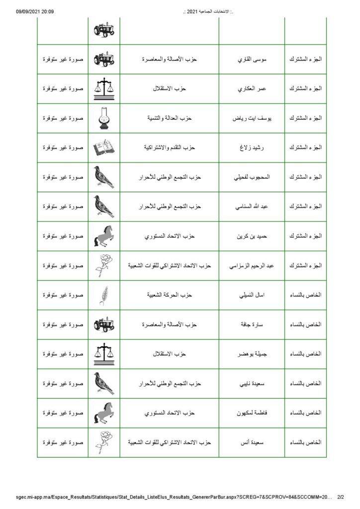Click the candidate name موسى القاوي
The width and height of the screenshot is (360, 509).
click(252, 59)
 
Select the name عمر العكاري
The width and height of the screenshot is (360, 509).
click(252, 88)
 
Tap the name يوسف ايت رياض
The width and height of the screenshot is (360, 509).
click(252, 118)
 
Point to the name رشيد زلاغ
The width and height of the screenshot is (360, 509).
click(252, 148)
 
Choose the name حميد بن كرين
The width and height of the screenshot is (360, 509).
click(252, 236)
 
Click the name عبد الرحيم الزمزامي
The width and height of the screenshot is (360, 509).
click(252, 265)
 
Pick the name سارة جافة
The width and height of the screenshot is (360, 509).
click(252, 325)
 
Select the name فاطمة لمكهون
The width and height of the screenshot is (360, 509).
click(252, 413)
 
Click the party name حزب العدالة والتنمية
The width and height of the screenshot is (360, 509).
click(169, 118)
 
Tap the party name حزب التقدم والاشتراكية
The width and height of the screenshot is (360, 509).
click(169, 148)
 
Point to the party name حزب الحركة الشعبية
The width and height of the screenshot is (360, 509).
click(169, 295)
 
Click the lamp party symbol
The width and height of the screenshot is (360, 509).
click(104, 118)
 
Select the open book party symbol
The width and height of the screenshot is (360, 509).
click(104, 148)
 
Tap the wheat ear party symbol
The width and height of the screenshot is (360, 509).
click(104, 295)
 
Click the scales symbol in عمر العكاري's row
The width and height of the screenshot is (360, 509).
click(104, 88)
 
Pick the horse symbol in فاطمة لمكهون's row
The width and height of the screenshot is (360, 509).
click(104, 413)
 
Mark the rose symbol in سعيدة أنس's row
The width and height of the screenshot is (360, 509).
click(104, 442)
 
